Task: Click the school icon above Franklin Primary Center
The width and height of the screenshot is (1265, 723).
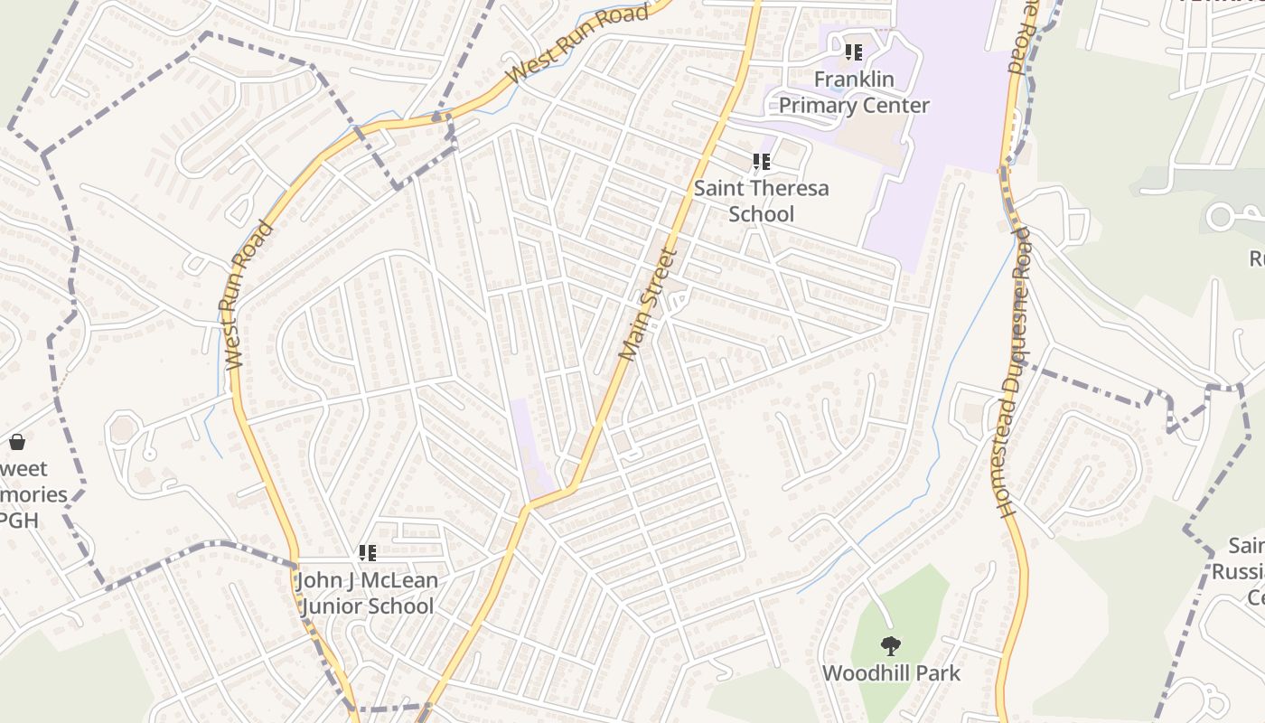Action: pyautogui.click(x=854, y=52)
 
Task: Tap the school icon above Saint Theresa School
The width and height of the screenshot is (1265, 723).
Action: pyautogui.click(x=762, y=162)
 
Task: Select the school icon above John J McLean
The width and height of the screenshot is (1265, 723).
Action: pyautogui.click(x=367, y=552)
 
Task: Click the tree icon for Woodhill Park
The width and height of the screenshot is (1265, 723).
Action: pyautogui.click(x=891, y=646)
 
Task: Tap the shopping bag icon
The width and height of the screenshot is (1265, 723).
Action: pyautogui.click(x=16, y=442)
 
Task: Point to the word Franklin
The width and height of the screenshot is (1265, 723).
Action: pyautogui.click(x=854, y=80)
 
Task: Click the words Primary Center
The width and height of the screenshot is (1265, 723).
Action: pyautogui.click(x=854, y=106)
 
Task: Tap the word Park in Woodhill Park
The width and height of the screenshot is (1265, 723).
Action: pyautogui.click(x=941, y=673)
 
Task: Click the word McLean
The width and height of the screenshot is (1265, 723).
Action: pyautogui.click(x=396, y=580)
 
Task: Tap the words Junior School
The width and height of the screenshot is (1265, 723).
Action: pyautogui.click(x=367, y=606)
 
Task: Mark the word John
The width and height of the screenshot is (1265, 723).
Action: pyautogui.click(x=317, y=580)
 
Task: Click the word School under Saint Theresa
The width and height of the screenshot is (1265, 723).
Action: pyautogui.click(x=762, y=214)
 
